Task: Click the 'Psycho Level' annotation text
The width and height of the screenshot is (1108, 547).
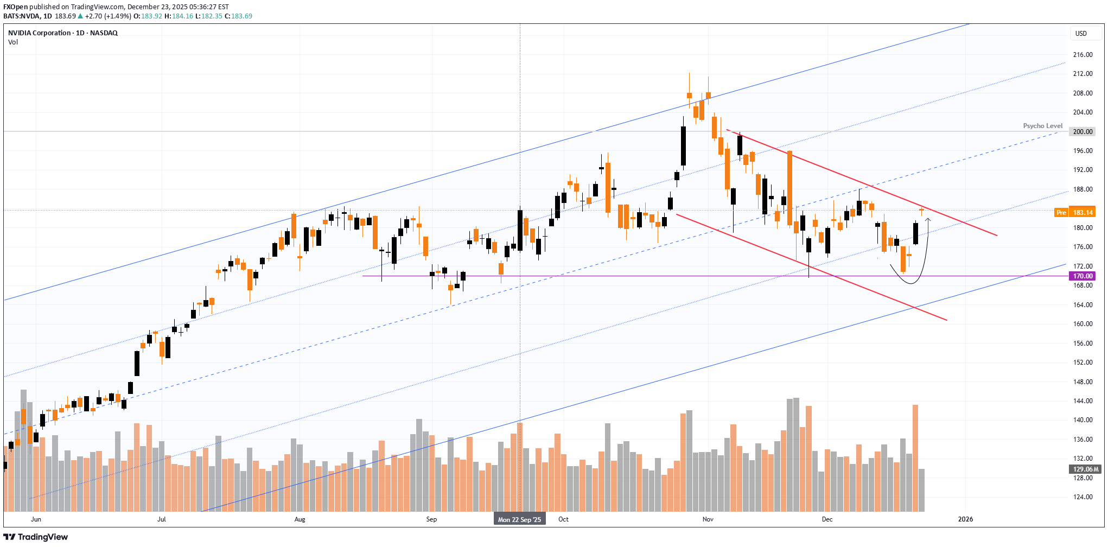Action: [x=1042, y=126]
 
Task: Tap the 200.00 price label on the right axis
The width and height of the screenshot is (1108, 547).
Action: [x=1082, y=132]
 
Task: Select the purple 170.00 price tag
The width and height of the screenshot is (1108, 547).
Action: [x=1082, y=276]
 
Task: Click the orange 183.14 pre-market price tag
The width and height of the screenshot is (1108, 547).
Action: [x=1082, y=213]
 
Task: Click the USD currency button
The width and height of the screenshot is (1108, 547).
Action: [x=1081, y=34]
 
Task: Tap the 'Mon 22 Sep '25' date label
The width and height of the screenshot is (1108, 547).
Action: [x=519, y=520]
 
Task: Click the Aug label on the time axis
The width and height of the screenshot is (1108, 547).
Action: [x=300, y=519]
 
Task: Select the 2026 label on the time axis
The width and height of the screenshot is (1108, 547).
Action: [x=965, y=519]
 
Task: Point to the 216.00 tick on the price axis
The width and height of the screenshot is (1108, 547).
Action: [x=1082, y=55]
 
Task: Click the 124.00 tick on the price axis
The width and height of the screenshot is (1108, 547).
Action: [x=1082, y=497]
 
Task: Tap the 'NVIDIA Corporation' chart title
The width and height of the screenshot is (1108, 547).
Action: [x=39, y=33]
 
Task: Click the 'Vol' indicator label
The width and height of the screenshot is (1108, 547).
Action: [x=13, y=42]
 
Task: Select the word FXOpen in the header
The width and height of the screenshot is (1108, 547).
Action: [x=15, y=7]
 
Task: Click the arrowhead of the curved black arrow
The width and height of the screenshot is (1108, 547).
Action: [x=928, y=220]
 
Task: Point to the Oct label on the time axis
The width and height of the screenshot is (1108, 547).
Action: [x=563, y=519]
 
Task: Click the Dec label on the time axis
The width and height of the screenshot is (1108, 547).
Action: [x=827, y=519]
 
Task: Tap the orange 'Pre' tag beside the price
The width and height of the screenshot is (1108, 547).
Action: [x=1061, y=213]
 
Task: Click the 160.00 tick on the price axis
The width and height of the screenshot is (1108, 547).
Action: [x=1082, y=324]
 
